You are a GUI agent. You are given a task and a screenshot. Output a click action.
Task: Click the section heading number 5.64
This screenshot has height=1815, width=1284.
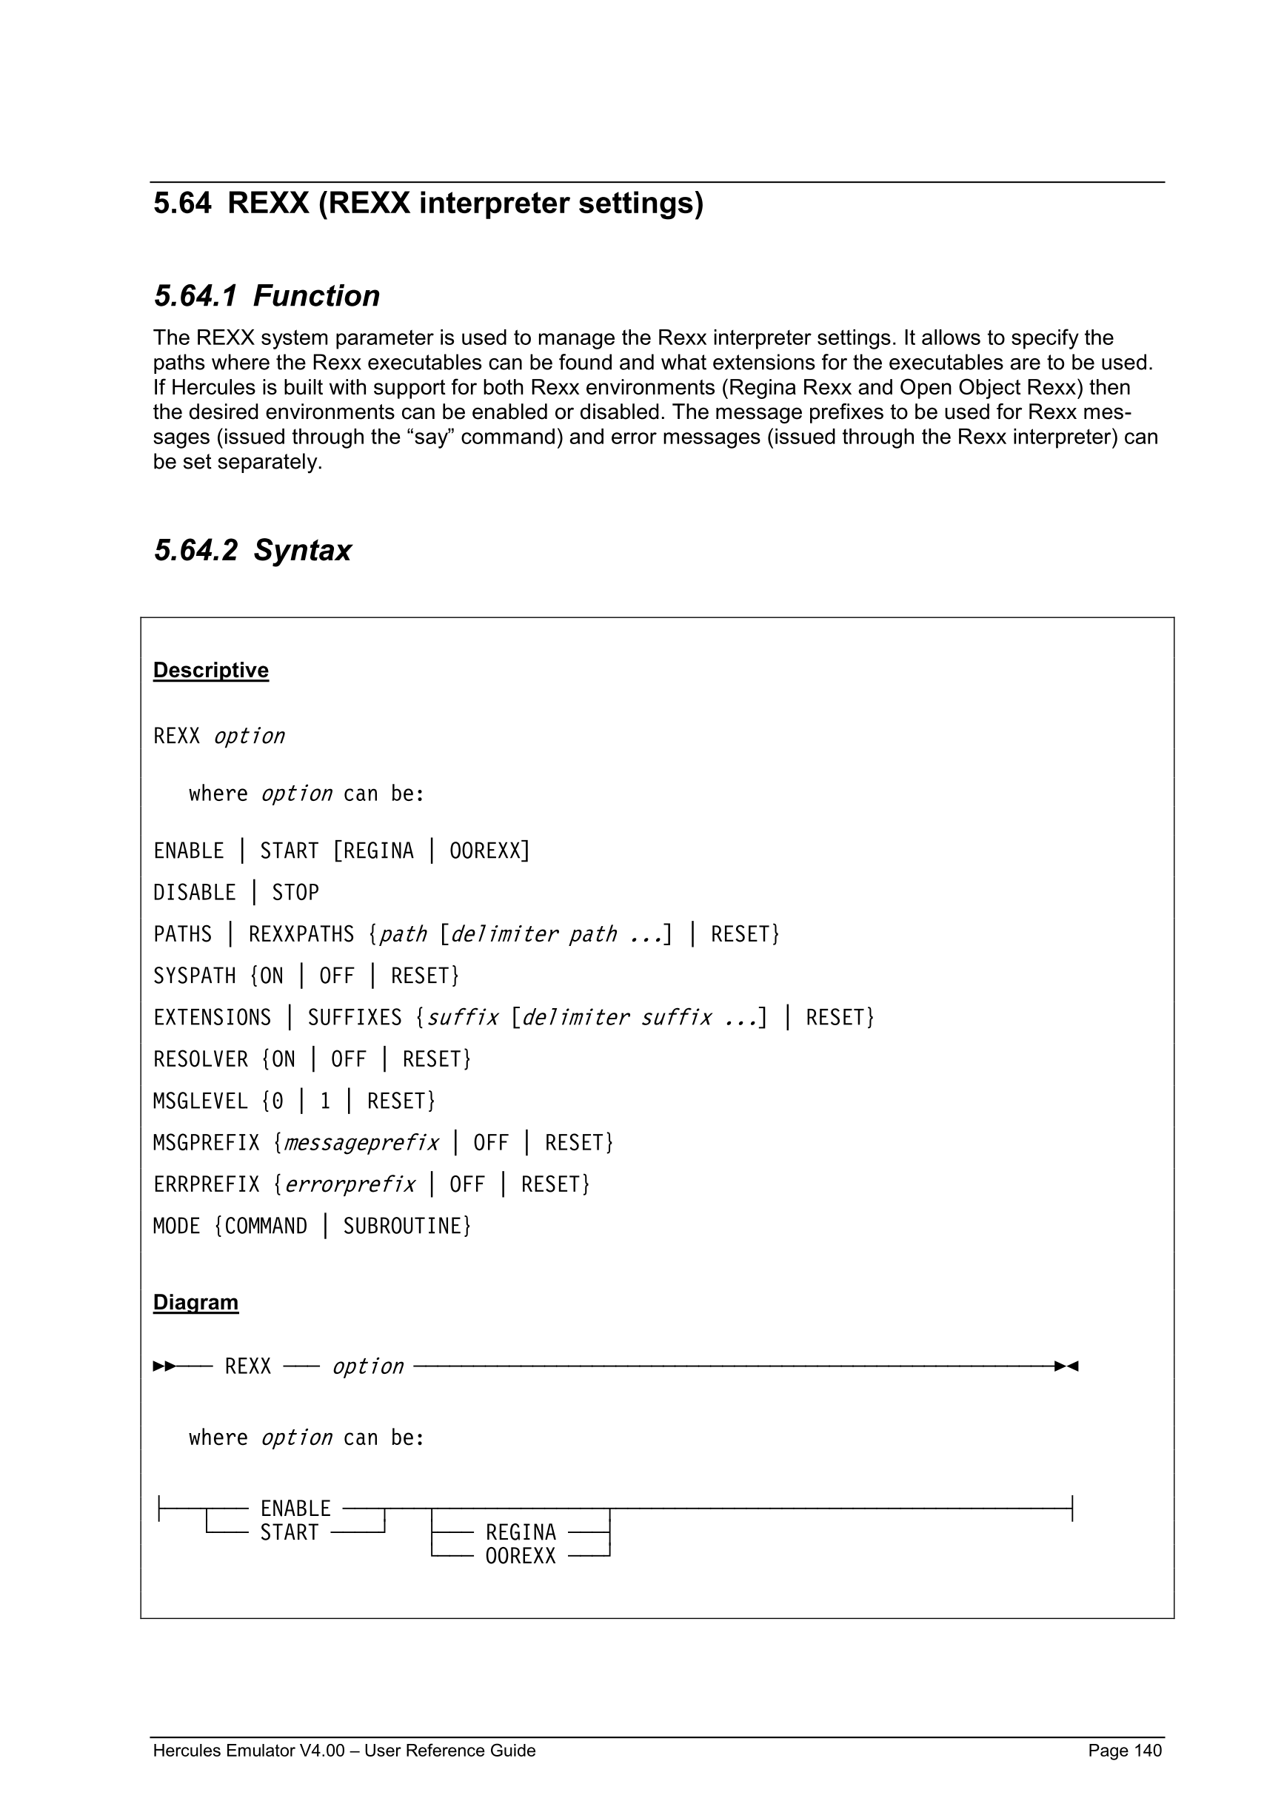[x=182, y=203]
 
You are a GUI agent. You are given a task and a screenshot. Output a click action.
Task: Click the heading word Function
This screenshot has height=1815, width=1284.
[x=316, y=295]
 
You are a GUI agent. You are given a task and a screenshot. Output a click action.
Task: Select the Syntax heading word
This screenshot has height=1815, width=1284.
[x=302, y=550]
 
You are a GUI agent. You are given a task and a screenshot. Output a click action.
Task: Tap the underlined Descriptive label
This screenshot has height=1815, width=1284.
[x=210, y=671]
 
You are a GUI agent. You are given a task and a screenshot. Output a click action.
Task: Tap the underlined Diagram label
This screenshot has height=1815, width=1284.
[x=195, y=1302]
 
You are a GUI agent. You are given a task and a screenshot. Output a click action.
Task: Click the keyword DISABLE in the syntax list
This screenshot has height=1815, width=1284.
[x=195, y=893]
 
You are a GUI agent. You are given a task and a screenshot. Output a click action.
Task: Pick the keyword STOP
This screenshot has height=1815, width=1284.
[x=295, y=893]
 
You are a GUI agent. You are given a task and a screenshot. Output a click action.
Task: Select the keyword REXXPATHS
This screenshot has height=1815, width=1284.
[x=301, y=934]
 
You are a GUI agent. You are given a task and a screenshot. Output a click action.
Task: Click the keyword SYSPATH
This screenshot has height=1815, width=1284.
[x=195, y=976]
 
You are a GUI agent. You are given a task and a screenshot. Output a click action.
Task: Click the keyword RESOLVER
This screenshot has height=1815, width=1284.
[x=200, y=1059]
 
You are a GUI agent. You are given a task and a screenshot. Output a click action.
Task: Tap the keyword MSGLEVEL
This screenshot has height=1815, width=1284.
[x=200, y=1101]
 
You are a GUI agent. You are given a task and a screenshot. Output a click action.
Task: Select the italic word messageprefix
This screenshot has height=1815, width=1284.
[x=361, y=1143]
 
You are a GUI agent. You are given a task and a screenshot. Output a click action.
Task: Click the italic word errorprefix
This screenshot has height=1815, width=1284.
[x=350, y=1184]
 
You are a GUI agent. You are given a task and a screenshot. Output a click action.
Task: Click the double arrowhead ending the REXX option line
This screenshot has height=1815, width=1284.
[x=1066, y=1366]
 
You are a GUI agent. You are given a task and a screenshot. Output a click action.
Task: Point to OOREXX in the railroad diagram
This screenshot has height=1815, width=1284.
[x=521, y=1556]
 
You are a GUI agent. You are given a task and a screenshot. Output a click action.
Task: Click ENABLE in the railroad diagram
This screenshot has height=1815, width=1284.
[x=295, y=1509]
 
